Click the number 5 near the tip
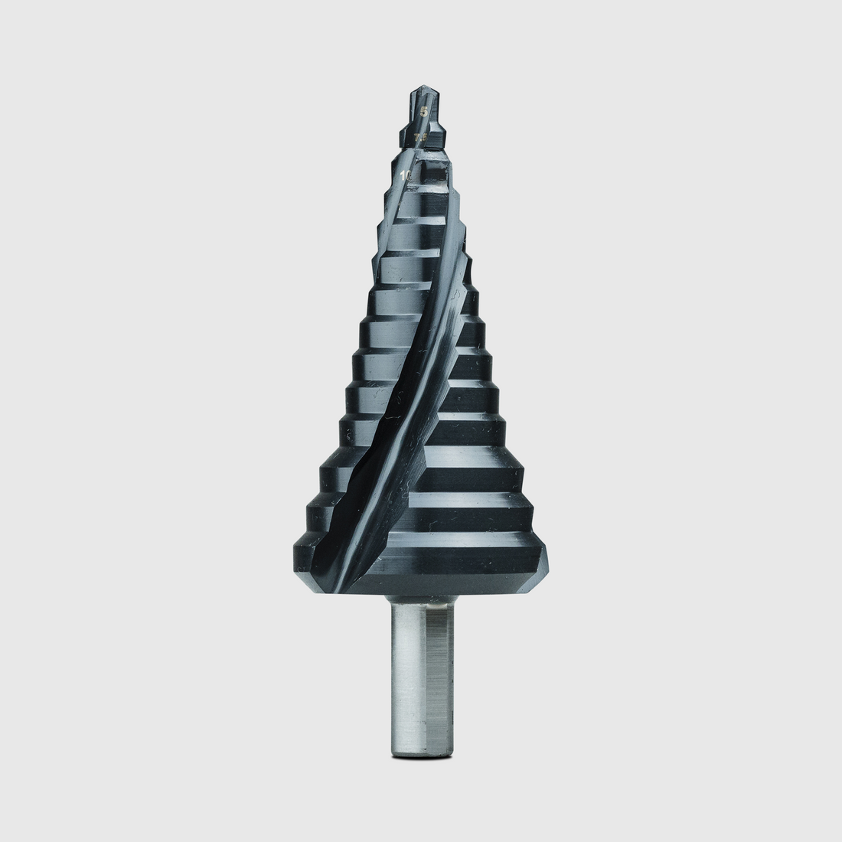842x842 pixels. pyautogui.click(x=423, y=112)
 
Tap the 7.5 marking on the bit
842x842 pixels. pyautogui.click(x=419, y=138)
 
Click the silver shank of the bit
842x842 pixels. pyautogui.click(x=422, y=674)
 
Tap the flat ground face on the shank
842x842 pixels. pyautogui.click(x=441, y=674)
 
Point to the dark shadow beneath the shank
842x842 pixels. pyautogui.click(x=421, y=759)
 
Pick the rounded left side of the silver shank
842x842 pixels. pyautogui.click(x=394, y=674)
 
